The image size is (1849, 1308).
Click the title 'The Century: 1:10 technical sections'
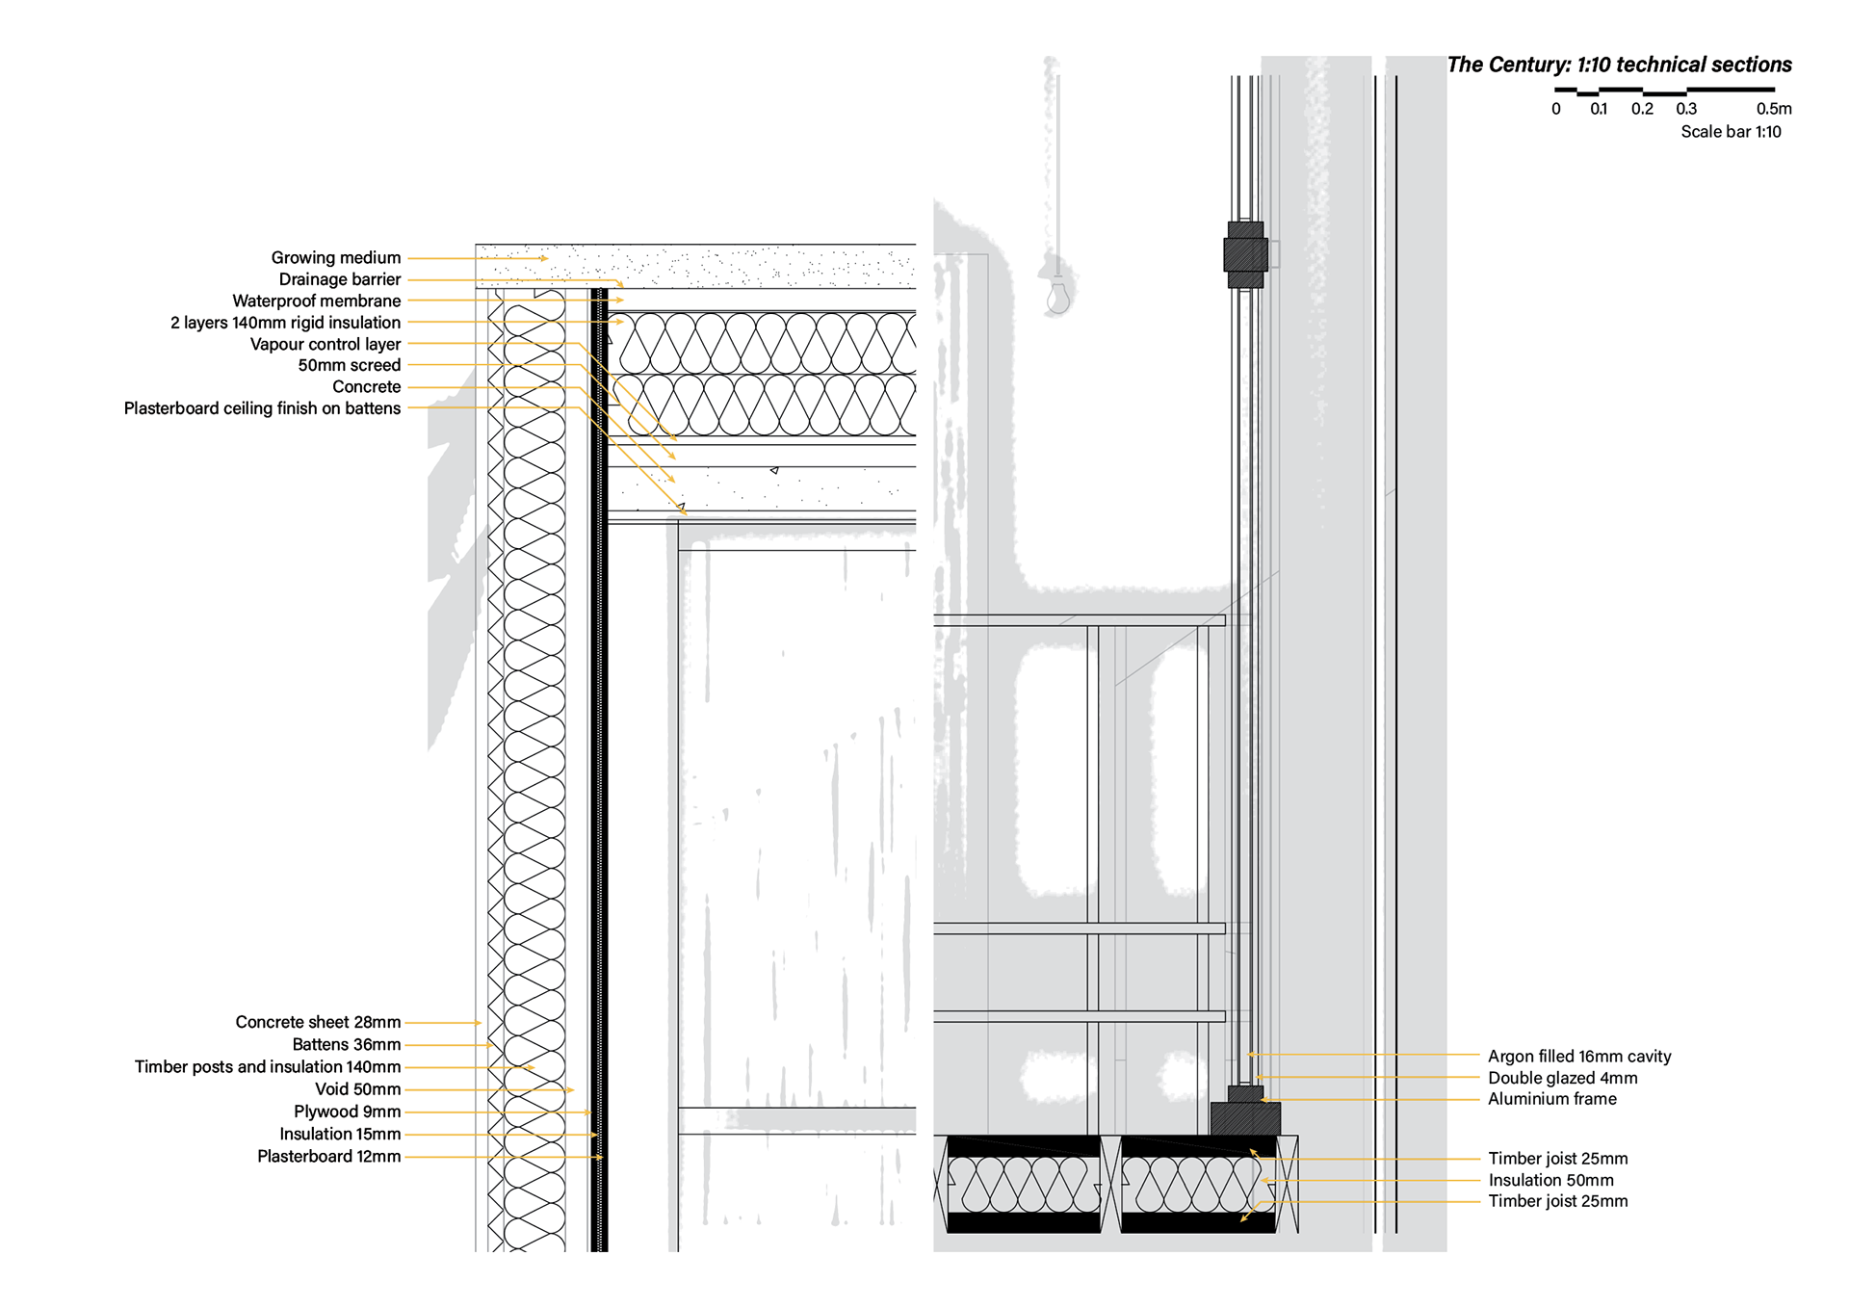[x=1619, y=65]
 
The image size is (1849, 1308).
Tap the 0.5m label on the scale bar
[x=1773, y=109]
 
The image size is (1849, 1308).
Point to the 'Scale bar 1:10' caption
[x=1731, y=132]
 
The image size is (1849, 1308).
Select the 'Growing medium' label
[x=335, y=257]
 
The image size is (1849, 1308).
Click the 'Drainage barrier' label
[x=339, y=279]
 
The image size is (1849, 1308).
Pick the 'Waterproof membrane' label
[x=316, y=301]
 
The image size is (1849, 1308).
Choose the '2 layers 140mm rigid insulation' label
[x=285, y=323]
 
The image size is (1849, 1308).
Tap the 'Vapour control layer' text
[x=325, y=344]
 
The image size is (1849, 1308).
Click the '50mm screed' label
[x=349, y=365]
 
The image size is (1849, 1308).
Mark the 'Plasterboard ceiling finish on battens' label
[x=262, y=408]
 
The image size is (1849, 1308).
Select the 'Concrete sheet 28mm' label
[x=318, y=1022]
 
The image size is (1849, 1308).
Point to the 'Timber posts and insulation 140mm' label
[x=268, y=1066]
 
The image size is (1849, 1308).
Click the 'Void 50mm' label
[x=357, y=1089]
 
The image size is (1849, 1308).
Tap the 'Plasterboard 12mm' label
[x=328, y=1156]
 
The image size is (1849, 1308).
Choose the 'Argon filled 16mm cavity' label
[x=1579, y=1057]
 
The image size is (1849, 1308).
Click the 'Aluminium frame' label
[x=1551, y=1099]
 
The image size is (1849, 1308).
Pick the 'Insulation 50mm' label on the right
[x=1550, y=1180]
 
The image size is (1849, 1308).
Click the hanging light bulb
[x=1058, y=296]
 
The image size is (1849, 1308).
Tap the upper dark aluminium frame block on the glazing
[x=1245, y=255]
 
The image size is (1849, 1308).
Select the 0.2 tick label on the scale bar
[x=1642, y=109]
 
